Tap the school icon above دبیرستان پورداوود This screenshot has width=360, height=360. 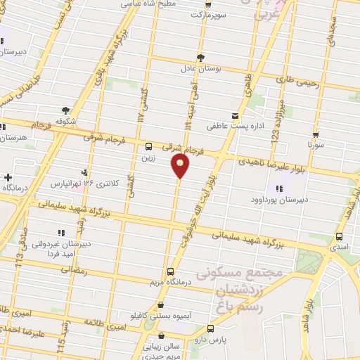point(279,188)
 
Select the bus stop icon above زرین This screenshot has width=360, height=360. point(148,147)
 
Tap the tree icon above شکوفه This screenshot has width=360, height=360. point(65,110)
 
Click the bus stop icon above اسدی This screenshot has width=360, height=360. point(340,236)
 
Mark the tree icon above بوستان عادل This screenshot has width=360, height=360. point(201,57)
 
